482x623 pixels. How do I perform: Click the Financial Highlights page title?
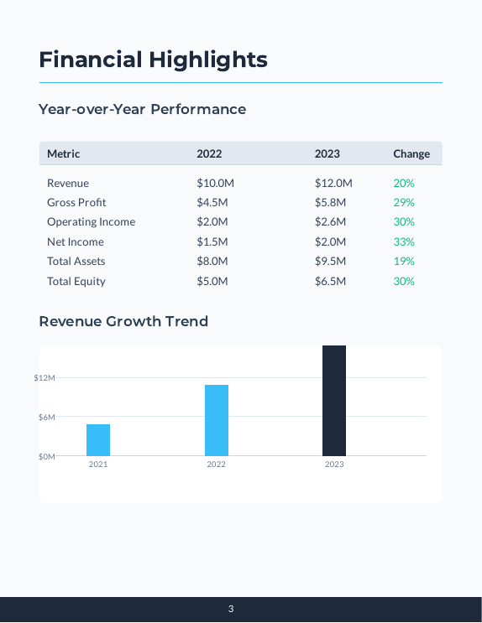pyautogui.click(x=153, y=60)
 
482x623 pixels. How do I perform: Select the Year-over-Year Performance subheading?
pyautogui.click(x=142, y=109)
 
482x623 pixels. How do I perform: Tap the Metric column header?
pyautogui.click(x=64, y=153)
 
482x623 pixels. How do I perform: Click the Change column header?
pyautogui.click(x=411, y=153)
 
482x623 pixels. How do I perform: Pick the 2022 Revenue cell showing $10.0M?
pyautogui.click(x=215, y=183)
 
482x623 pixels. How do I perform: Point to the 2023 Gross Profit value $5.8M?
pyautogui.click(x=330, y=202)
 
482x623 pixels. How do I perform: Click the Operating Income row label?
pyautogui.click(x=91, y=222)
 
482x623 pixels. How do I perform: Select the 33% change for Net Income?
pyautogui.click(x=404, y=241)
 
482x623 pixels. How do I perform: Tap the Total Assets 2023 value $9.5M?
pyautogui.click(x=330, y=261)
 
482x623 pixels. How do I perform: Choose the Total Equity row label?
pyautogui.click(x=76, y=281)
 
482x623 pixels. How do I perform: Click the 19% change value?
pyautogui.click(x=404, y=261)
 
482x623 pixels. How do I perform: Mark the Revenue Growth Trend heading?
pyautogui.click(x=123, y=321)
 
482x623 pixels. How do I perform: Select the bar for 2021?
pyautogui.click(x=98, y=440)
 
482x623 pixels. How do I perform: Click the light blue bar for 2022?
pyautogui.click(x=217, y=420)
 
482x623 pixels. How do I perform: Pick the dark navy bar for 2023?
pyautogui.click(x=334, y=401)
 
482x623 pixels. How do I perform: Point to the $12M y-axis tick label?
pyautogui.click(x=45, y=378)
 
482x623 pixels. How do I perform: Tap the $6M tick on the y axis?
pyautogui.click(x=46, y=417)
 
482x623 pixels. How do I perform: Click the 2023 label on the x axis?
pyautogui.click(x=334, y=465)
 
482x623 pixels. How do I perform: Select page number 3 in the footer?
pyautogui.click(x=231, y=609)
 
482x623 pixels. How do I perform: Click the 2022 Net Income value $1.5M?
pyautogui.click(x=212, y=241)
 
